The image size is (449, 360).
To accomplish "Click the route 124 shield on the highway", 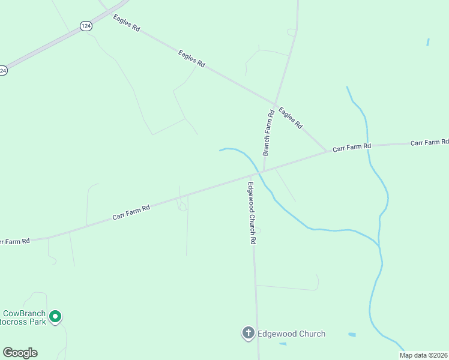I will click(x=86, y=26).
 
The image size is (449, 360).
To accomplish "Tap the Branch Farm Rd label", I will click(x=268, y=133).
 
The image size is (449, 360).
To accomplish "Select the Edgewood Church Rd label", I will click(x=252, y=212).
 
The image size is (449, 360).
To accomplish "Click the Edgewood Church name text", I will click(x=291, y=334).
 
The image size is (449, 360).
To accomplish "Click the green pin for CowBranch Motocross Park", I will click(x=55, y=316).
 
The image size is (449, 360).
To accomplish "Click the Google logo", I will click(x=20, y=353).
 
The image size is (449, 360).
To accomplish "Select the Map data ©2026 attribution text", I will click(x=423, y=355).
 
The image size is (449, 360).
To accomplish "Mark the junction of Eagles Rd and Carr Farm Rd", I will click(x=327, y=151).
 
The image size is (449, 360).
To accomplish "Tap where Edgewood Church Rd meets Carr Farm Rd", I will click(x=251, y=175).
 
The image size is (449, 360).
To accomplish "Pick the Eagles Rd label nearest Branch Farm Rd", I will click(x=290, y=118).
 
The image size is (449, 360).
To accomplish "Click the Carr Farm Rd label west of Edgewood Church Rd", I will click(x=131, y=212).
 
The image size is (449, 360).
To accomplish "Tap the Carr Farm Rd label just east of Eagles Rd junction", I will click(x=352, y=146).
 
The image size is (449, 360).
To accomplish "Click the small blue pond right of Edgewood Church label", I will click(x=352, y=334).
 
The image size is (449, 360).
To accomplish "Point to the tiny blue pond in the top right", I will click(x=428, y=42).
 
